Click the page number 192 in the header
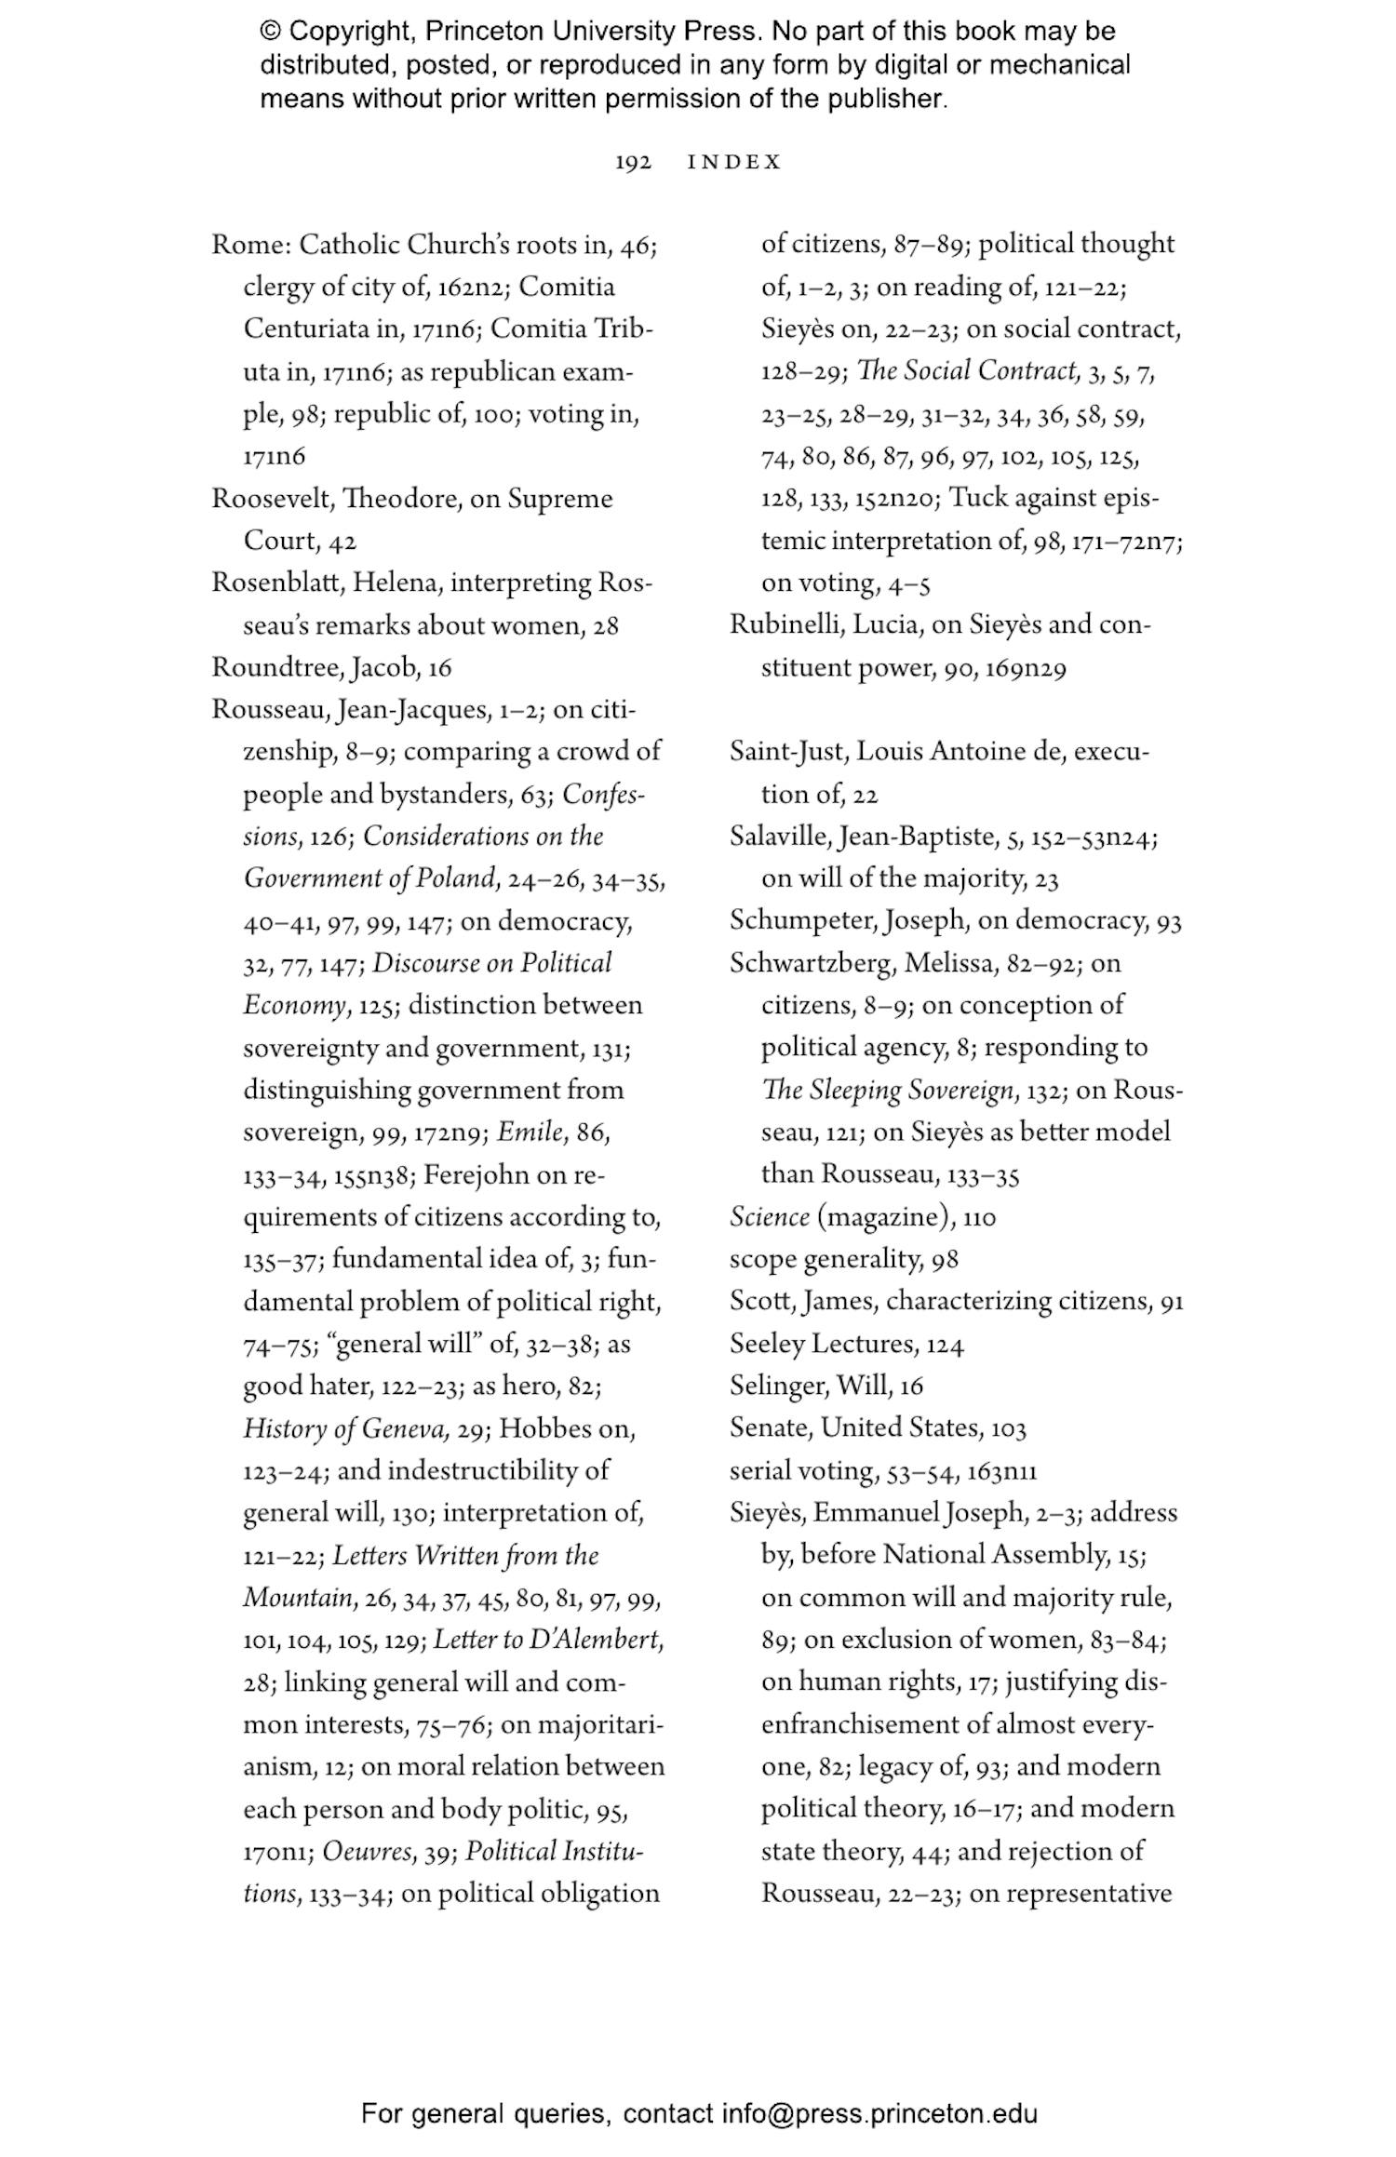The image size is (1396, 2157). [633, 163]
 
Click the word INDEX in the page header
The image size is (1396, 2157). [734, 163]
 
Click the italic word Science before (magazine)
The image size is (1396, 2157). [769, 1217]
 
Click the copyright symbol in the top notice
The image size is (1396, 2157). [270, 32]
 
